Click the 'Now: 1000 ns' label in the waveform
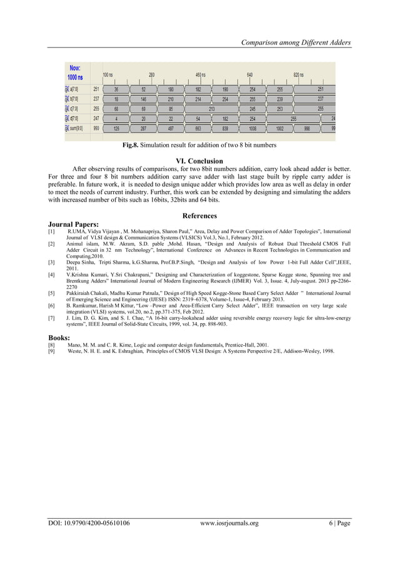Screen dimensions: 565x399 click(75, 72)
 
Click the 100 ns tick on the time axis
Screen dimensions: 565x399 click(108, 75)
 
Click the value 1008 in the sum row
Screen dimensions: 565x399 click(253, 128)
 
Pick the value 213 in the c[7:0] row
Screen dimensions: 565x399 click(212, 108)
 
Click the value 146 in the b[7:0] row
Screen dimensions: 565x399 click(143, 99)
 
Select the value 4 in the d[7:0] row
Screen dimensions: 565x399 click(116, 118)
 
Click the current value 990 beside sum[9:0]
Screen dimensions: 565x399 click(96, 128)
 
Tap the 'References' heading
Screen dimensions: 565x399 click(199, 216)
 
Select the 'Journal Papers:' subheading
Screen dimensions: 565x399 click(73, 224)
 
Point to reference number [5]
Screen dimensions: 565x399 click(52, 292)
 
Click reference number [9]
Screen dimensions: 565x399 click(52, 351)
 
